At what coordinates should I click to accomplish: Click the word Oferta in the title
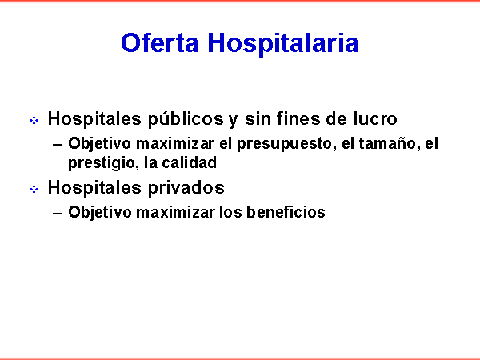click(x=159, y=42)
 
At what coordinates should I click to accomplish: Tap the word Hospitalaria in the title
click(x=283, y=44)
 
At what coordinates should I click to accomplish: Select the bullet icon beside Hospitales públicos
click(x=34, y=120)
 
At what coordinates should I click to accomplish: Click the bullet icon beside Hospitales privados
click(x=34, y=189)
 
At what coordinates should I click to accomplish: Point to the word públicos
click(x=186, y=119)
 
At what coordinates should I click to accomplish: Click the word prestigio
click(x=102, y=163)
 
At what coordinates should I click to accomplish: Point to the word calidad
click(x=189, y=162)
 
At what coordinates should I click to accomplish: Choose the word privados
click(x=186, y=188)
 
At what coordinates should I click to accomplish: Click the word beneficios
click(x=286, y=212)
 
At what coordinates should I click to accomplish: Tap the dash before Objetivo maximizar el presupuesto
click(x=58, y=145)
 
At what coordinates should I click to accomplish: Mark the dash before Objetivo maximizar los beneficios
click(x=58, y=214)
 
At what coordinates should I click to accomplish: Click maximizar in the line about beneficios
click(x=175, y=212)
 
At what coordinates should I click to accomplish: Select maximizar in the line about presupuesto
click(x=175, y=143)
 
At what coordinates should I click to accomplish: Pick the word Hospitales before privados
click(x=95, y=188)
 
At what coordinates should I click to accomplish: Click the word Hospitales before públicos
click(x=95, y=119)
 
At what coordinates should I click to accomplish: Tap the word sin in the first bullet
click(x=257, y=118)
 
